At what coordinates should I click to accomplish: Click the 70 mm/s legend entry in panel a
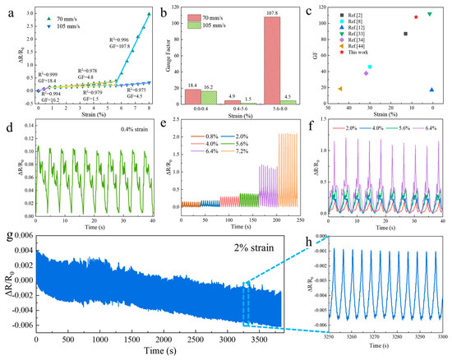49,16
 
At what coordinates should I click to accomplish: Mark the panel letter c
307,9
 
